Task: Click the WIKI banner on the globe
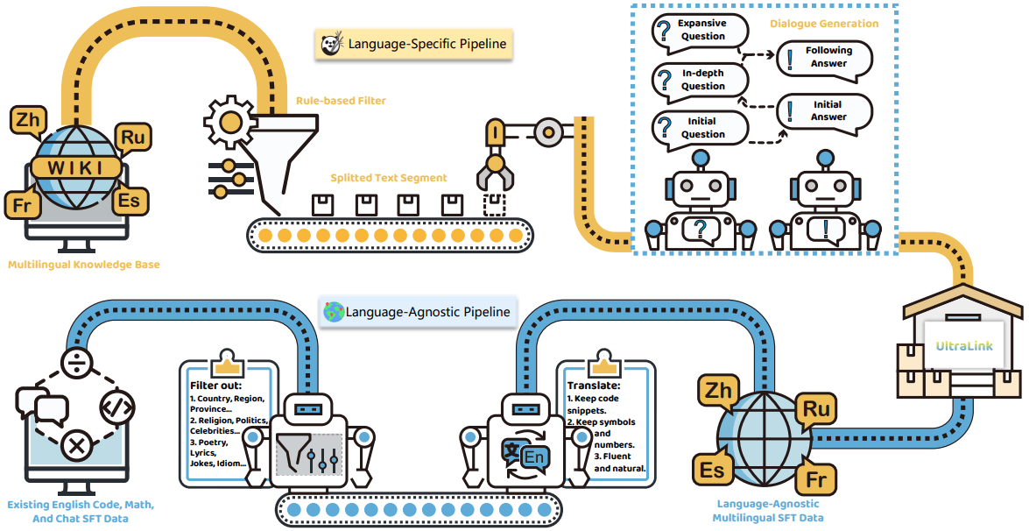coord(75,167)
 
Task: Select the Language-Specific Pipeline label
coord(414,43)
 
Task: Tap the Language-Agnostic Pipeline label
coord(417,311)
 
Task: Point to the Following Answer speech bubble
coord(826,57)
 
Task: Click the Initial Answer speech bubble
coord(826,110)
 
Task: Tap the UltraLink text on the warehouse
coord(964,346)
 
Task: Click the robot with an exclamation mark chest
coord(823,210)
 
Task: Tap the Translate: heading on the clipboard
coord(594,386)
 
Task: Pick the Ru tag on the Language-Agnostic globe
coord(815,408)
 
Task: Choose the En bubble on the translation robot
coord(532,457)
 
